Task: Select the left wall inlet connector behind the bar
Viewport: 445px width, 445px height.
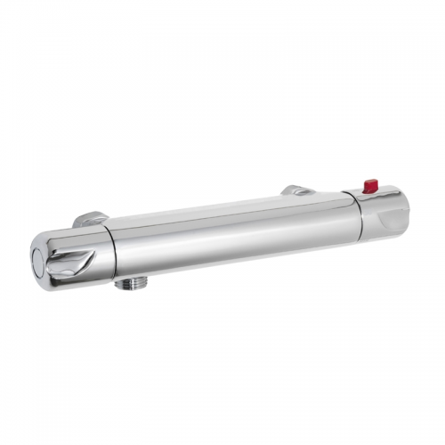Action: coord(90,218)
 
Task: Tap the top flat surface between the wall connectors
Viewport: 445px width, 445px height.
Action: coord(205,212)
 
